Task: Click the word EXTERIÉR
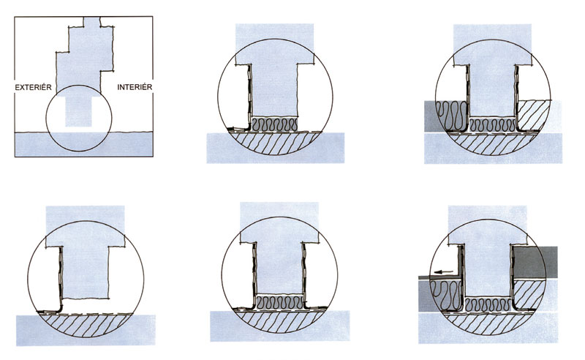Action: [x=33, y=87]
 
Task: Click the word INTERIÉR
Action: [x=135, y=87]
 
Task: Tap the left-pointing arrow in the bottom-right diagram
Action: [x=442, y=272]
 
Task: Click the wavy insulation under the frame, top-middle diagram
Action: [x=275, y=124]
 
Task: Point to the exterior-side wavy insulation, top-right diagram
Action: [x=452, y=116]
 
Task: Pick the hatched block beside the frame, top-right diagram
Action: [x=533, y=116]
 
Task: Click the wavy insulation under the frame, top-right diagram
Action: [x=492, y=124]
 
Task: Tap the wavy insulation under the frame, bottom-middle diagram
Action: [x=280, y=302]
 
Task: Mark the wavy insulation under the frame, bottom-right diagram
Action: [x=488, y=304]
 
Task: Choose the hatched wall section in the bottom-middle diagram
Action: [x=280, y=322]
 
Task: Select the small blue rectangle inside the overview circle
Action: [x=78, y=112]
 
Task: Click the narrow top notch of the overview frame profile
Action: [x=92, y=22]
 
